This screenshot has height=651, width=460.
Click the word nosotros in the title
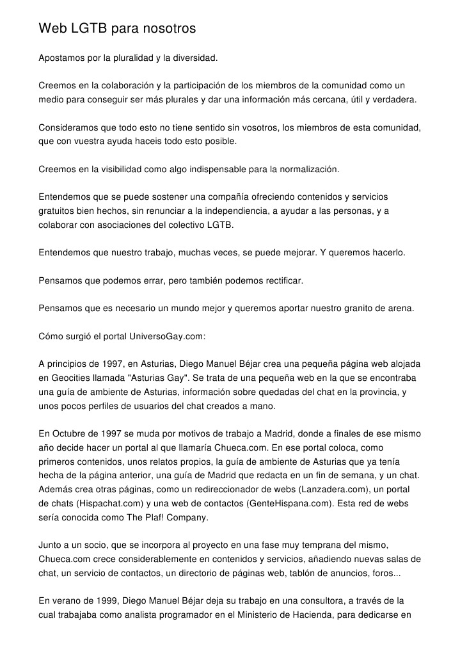pyautogui.click(x=168, y=29)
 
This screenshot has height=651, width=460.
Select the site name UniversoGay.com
pyautogui.click(x=168, y=336)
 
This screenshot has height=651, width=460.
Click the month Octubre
pyautogui.click(x=72, y=433)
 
